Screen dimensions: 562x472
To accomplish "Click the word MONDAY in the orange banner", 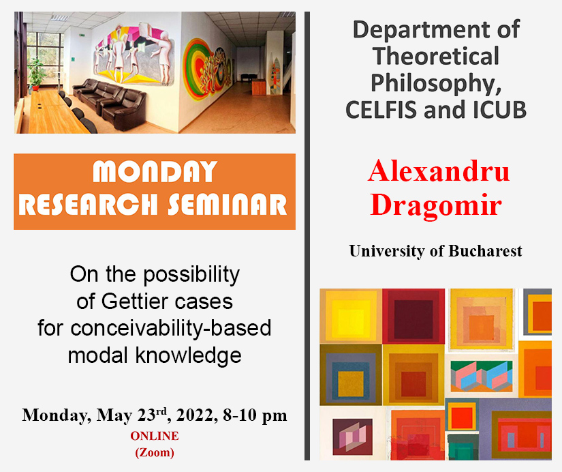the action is pos(155,172).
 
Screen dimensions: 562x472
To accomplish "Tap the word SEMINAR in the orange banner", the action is pos(228,205).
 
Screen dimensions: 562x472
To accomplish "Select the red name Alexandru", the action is pos(439,171).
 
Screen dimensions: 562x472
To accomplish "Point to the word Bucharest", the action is pos(485,251).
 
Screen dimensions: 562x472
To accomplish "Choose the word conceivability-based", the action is pos(170,329).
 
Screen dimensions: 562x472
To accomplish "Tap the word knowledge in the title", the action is pos(188,355).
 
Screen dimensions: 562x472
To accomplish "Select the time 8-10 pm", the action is pos(255,415).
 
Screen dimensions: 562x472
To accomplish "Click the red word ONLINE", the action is pos(155,436).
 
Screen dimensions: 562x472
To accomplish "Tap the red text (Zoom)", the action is pos(155,452).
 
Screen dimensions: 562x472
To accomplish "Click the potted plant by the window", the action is pos(36,74).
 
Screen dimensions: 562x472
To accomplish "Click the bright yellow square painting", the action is pos(351,316).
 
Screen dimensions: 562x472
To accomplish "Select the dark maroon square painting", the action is pos(413,316).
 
